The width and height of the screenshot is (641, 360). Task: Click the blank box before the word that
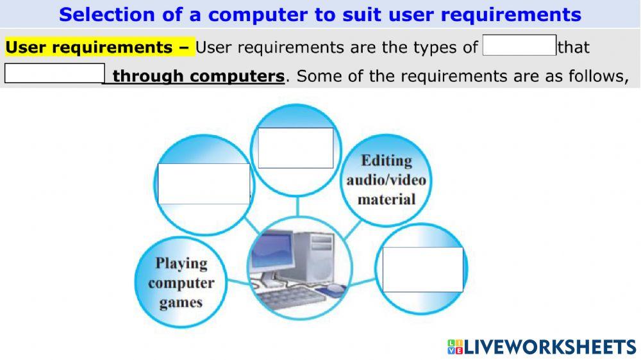tap(519, 45)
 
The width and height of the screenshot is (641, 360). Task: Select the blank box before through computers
tap(54, 74)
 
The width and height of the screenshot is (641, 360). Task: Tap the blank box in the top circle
tap(296, 148)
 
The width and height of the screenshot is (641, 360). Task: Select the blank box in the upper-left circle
tap(204, 184)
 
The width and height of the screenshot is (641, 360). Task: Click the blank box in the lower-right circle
tap(422, 269)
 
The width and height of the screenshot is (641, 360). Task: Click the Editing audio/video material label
tap(387, 179)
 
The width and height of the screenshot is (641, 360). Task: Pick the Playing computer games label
tap(181, 282)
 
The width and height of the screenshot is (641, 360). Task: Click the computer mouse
tap(335, 290)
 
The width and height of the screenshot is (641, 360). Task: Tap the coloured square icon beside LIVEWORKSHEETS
tap(454, 347)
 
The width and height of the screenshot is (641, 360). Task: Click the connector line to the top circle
tap(297, 206)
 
